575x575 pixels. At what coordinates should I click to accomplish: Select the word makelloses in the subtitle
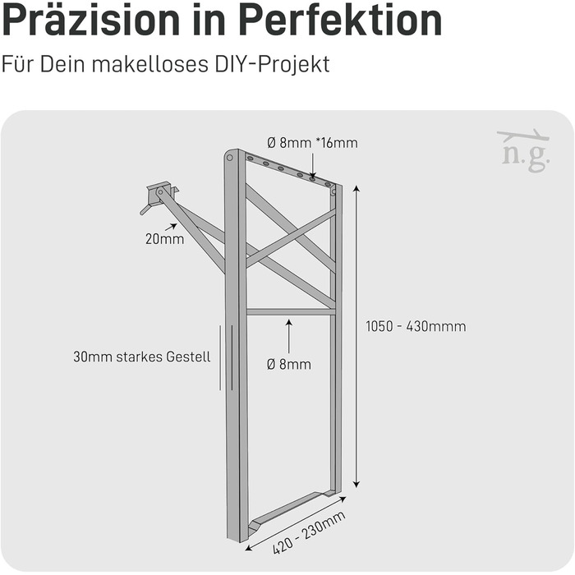pos(150,64)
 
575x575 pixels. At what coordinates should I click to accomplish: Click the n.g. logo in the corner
pos(524,151)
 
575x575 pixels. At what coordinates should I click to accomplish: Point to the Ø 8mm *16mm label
pos(312,143)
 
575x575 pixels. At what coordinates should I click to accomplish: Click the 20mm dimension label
pos(164,239)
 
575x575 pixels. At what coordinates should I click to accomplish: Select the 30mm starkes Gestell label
pos(142,356)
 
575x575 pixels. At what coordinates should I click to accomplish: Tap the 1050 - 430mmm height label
pos(416,326)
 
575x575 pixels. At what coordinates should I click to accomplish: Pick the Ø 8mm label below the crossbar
pos(289,365)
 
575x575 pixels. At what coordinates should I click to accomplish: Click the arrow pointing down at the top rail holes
pos(312,166)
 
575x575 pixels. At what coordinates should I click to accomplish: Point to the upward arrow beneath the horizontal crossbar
pos(289,336)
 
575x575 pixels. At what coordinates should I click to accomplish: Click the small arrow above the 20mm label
pos(172,227)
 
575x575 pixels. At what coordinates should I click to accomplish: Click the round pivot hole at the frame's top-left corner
pos(229,158)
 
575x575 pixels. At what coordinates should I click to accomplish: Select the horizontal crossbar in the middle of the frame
pos(291,312)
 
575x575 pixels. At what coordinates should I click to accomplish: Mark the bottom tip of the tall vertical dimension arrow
pos(356,488)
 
